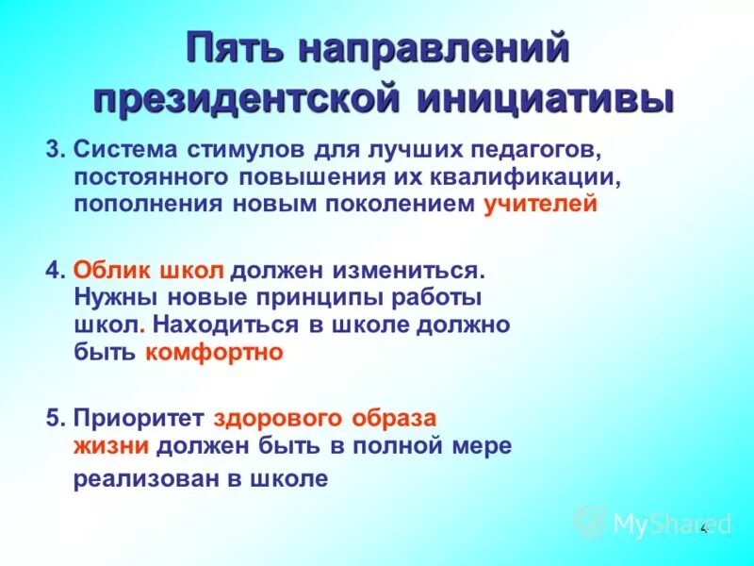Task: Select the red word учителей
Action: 541,204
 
